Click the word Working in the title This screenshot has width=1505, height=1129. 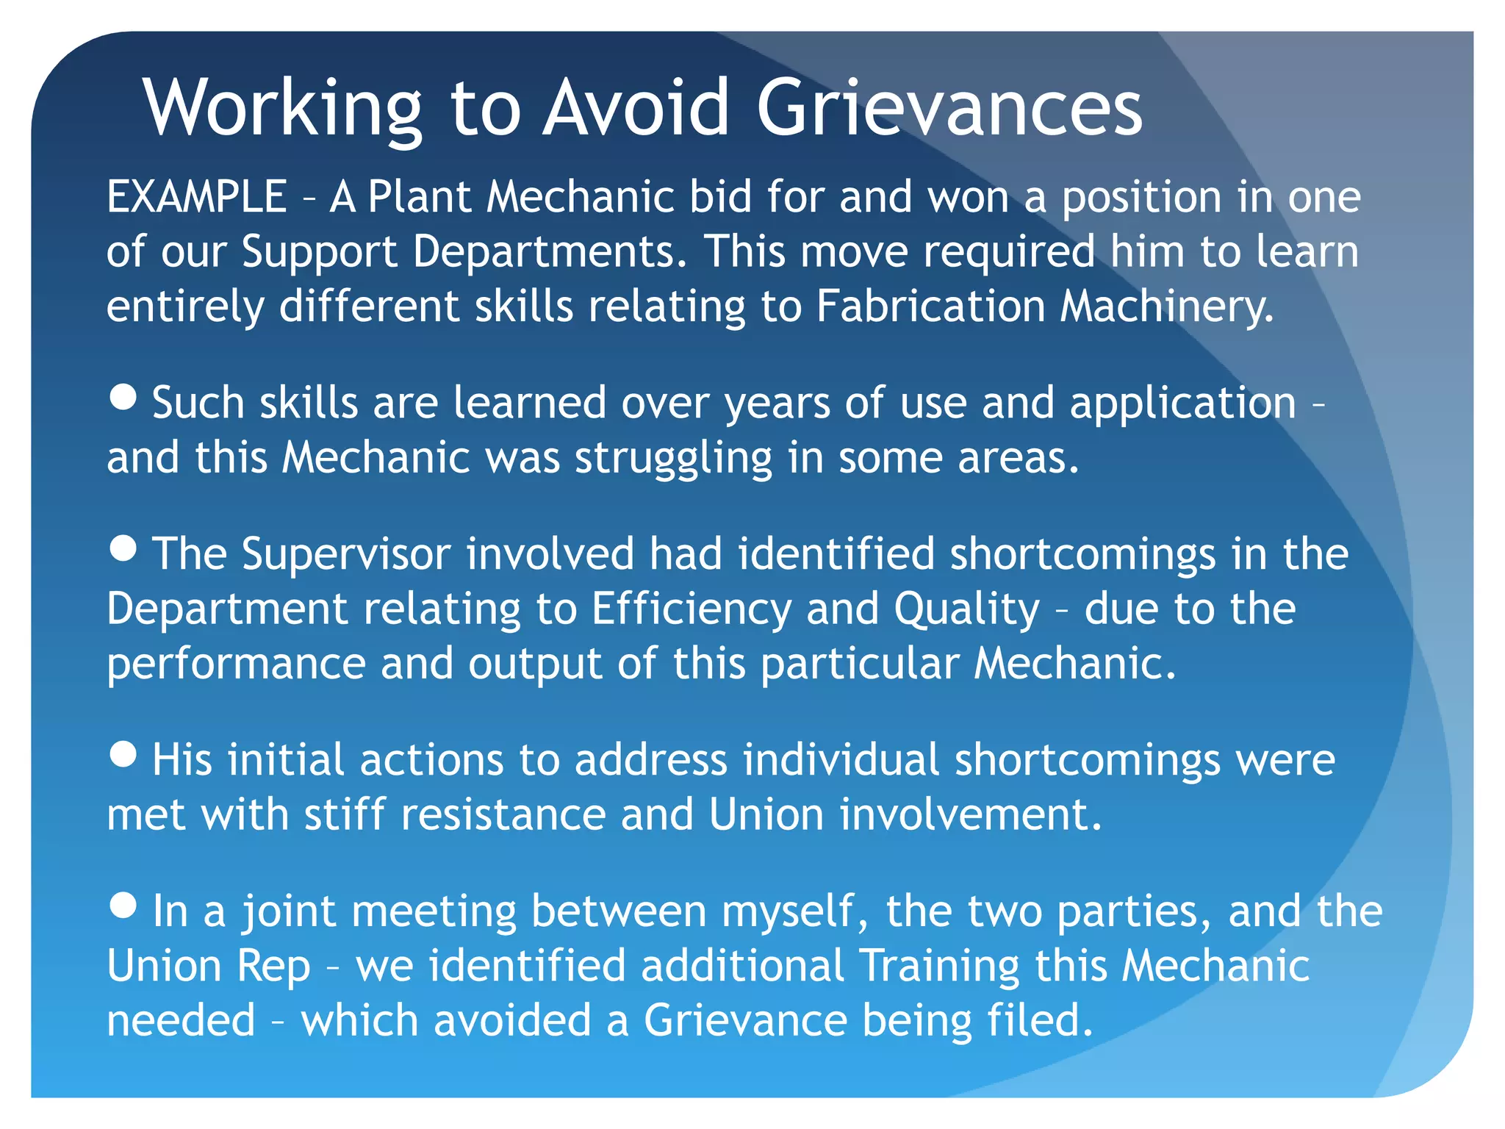(x=283, y=109)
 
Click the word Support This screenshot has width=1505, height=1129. (x=319, y=252)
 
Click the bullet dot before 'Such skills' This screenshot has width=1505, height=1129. (x=123, y=396)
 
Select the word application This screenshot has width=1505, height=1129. (x=1182, y=404)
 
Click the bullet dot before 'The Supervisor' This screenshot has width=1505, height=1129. (x=123, y=547)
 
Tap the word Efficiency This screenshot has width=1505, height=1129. (x=691, y=609)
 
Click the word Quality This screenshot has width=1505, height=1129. (x=966, y=609)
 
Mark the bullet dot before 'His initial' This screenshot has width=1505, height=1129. (x=123, y=753)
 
